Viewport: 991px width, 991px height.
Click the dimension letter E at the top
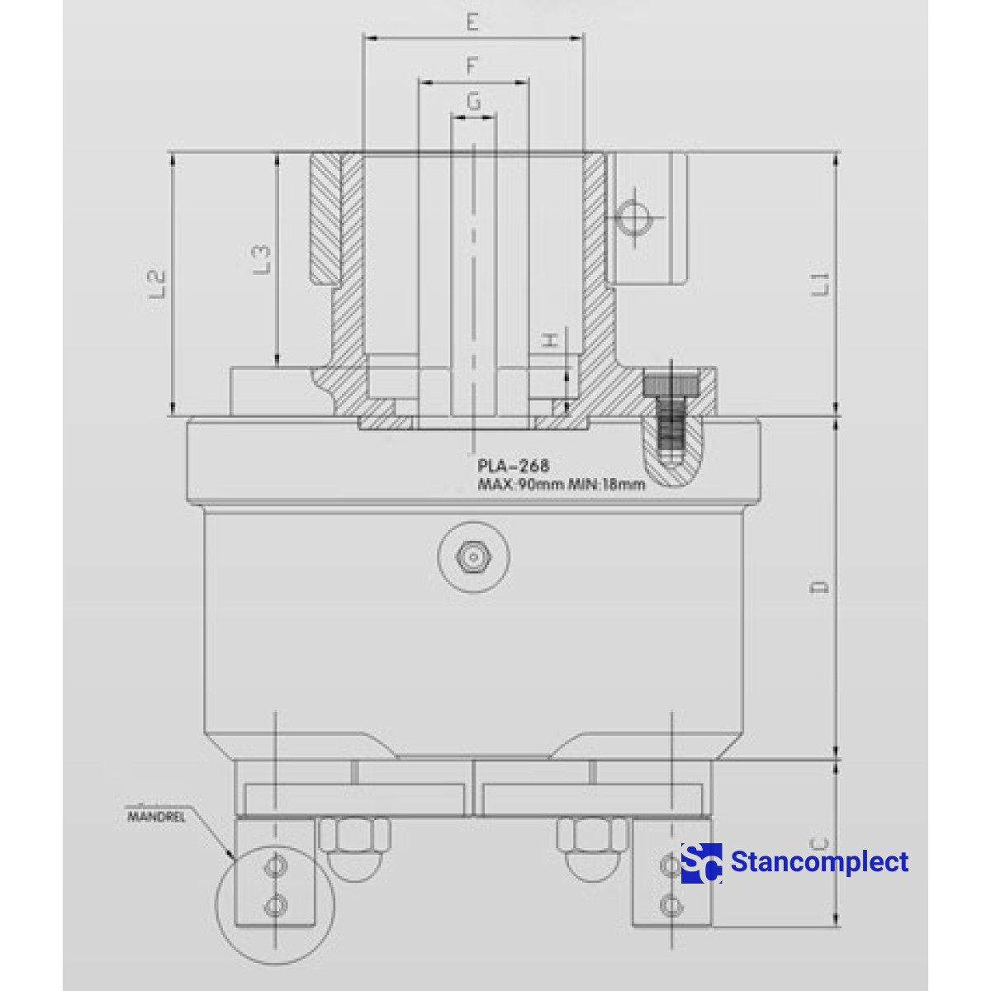point(472,22)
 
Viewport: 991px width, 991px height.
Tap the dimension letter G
point(473,102)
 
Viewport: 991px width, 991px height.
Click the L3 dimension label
point(261,258)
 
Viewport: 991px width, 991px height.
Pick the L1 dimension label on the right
point(820,283)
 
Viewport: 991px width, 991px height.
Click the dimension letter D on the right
point(820,587)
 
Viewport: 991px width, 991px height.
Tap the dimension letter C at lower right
point(818,844)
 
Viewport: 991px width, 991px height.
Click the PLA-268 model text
point(513,467)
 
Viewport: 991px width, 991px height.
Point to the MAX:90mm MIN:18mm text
point(562,485)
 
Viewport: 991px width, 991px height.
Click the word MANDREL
point(156,817)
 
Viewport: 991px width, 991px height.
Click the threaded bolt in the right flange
point(672,417)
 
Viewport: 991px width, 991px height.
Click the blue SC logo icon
point(701,863)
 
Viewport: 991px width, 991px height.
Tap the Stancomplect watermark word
point(819,862)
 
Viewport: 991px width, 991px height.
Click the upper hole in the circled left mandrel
point(275,866)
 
